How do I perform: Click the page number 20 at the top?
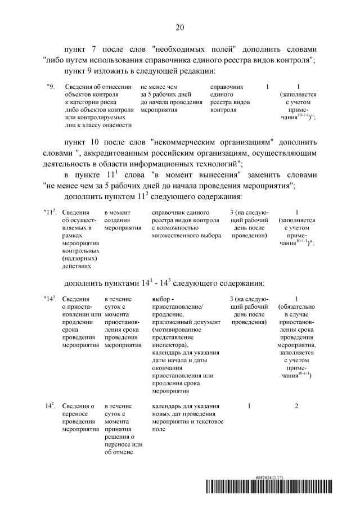[x=179, y=27]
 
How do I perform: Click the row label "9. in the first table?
[x=51, y=87]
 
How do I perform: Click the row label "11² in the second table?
[x=49, y=212]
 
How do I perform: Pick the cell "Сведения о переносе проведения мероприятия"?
[x=78, y=417]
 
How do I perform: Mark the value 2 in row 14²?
[x=296, y=406]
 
